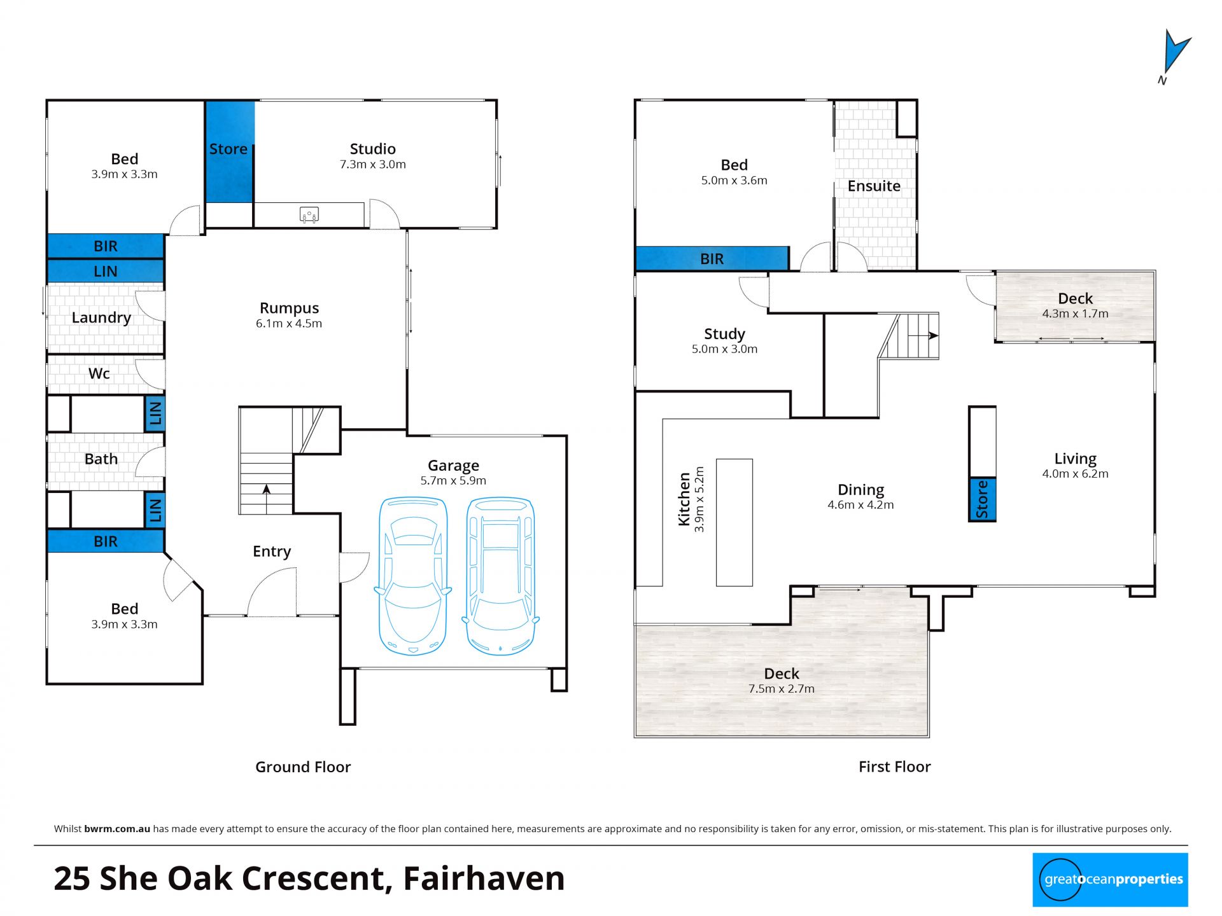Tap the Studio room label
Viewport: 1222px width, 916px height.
coord(373,149)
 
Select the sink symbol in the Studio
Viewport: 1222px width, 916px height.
coord(309,215)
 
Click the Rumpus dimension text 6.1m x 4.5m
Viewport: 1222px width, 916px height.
coord(289,323)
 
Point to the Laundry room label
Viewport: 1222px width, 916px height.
coord(101,317)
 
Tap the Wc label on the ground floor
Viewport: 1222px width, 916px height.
coord(99,373)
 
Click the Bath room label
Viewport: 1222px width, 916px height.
coord(101,459)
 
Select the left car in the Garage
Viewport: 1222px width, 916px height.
coord(413,576)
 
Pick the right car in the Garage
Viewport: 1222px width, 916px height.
coord(500,576)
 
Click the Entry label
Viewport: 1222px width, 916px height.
coord(272,552)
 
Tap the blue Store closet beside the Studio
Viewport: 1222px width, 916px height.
coord(230,151)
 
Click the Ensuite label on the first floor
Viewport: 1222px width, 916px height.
coord(874,186)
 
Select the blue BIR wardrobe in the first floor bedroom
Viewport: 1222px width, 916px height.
coord(713,259)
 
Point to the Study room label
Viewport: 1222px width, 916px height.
coord(724,334)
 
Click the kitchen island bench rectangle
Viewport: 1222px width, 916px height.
coord(734,522)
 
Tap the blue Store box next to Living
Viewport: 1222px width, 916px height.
coord(982,499)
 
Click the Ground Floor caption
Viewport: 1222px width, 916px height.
coord(303,767)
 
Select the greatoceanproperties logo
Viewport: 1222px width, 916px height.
coord(1110,880)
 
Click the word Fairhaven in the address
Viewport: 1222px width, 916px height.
coord(484,878)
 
